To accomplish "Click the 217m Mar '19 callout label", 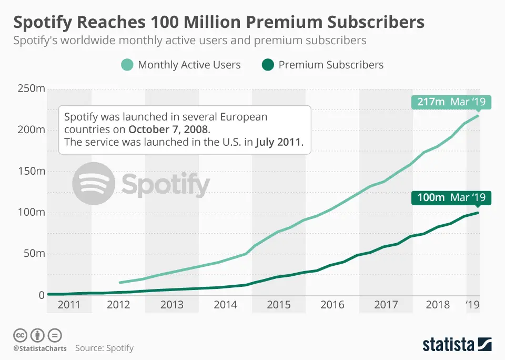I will click(x=451, y=102).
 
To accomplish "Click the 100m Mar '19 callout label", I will click(x=451, y=198).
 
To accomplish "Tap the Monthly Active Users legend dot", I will click(x=127, y=65).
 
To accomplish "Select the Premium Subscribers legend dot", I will click(x=268, y=65).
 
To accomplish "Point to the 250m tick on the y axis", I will click(x=31, y=88).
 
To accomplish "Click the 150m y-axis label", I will click(x=31, y=171).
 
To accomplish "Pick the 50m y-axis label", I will click(x=33, y=254).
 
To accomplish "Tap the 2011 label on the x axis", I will click(x=69, y=305).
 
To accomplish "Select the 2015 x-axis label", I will click(x=279, y=305).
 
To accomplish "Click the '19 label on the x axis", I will click(x=473, y=305).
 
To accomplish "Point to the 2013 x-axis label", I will click(x=172, y=305).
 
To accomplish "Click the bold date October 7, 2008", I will click(x=168, y=129).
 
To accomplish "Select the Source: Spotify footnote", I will click(x=104, y=348).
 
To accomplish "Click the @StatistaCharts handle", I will click(x=40, y=348).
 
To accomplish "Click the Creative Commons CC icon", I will click(x=20, y=335).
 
